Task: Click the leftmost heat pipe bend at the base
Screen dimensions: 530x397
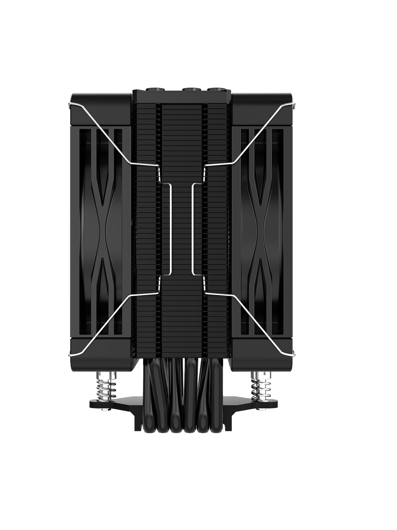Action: click(162, 427)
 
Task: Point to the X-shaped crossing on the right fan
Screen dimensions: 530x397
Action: click(262, 221)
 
